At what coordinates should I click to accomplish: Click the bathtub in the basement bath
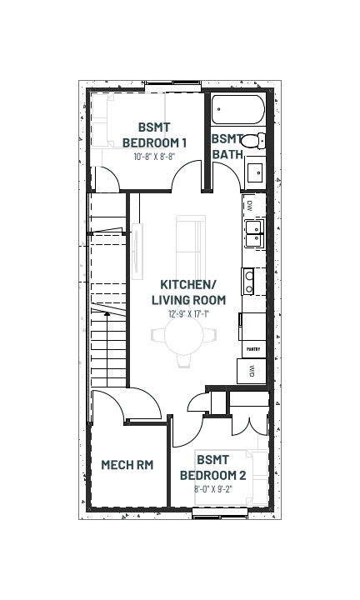(238, 109)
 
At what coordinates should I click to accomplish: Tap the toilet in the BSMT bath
(253, 141)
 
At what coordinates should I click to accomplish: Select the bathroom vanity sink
(255, 173)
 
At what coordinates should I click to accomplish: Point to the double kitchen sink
(254, 234)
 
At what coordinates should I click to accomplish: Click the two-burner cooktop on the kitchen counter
(248, 282)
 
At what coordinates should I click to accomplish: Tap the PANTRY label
(253, 349)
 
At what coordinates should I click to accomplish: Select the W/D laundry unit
(252, 371)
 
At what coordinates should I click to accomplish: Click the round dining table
(184, 336)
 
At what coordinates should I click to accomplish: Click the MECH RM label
(127, 465)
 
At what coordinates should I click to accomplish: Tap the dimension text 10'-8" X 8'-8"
(154, 157)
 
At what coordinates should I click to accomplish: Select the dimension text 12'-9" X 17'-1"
(189, 314)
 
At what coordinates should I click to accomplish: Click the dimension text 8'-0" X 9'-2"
(213, 488)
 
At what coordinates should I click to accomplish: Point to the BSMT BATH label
(227, 147)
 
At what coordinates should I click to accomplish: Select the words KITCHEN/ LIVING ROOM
(189, 292)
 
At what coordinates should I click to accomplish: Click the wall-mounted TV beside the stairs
(137, 252)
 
